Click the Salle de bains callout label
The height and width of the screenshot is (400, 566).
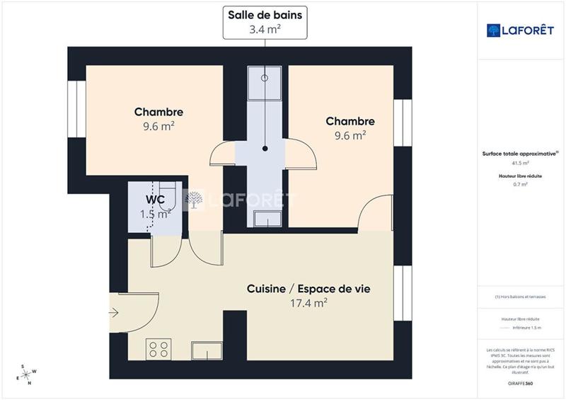coord(265,22)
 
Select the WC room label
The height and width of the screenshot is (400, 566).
coord(156,200)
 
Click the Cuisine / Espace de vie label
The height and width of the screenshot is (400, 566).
coord(308,289)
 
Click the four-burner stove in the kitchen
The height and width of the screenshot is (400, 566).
coord(159,348)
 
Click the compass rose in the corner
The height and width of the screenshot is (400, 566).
coord(28,374)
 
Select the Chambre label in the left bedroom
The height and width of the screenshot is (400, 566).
coord(158,112)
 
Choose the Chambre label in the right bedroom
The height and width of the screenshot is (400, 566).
coord(350,121)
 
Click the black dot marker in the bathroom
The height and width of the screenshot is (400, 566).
coord(265,149)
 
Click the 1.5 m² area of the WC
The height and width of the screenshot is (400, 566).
coord(156,214)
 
